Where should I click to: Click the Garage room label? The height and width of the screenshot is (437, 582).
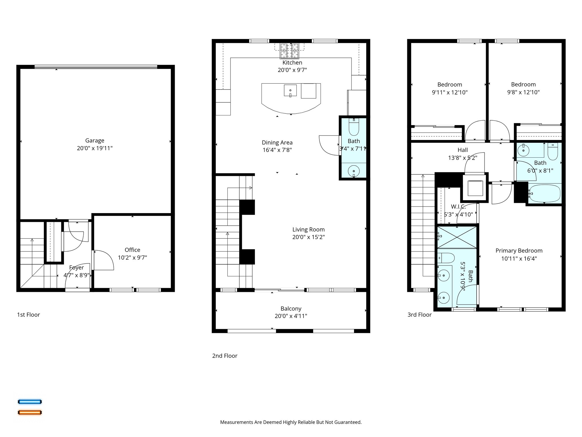point(95,141)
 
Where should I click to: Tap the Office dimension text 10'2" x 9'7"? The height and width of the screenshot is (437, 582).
point(132,257)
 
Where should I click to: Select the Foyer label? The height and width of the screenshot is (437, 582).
point(76,267)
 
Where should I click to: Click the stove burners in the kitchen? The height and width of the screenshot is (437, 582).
point(290,51)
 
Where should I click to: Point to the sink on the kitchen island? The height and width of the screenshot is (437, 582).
point(290,90)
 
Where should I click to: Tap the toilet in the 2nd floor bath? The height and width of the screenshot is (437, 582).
point(354,127)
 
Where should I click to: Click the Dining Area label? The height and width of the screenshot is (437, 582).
point(277,143)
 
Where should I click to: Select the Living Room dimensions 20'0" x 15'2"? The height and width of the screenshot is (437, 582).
point(308,237)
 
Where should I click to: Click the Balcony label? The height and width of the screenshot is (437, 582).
point(291,308)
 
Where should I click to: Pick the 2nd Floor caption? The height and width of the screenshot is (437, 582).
point(225,356)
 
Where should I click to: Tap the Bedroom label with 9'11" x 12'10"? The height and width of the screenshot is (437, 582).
point(450,84)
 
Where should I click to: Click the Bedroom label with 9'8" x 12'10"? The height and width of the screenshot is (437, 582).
point(523,84)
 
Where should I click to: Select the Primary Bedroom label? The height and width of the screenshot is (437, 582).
point(519,251)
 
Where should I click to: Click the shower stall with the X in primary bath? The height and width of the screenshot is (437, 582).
point(457,237)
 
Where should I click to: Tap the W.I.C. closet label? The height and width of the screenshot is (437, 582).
point(458,207)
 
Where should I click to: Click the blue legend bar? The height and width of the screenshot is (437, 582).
point(30,402)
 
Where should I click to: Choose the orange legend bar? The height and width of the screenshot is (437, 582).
point(30,412)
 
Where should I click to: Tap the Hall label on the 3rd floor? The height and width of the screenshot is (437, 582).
point(463,150)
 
